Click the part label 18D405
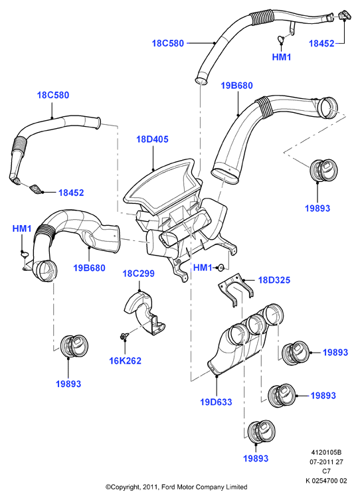(152, 139)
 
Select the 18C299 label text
(139, 274)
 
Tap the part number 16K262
(126, 361)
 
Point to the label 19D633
(216, 402)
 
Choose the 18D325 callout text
(274, 280)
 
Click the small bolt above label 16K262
(124, 336)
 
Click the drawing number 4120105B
(326, 452)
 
